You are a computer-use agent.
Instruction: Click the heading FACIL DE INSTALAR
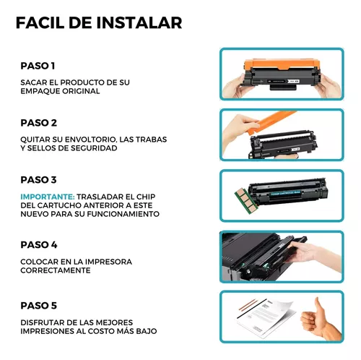point(98,22)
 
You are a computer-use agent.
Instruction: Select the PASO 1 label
point(39,66)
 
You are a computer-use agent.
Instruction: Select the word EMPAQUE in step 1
point(43,92)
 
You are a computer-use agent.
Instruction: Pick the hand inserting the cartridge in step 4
point(313,253)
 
